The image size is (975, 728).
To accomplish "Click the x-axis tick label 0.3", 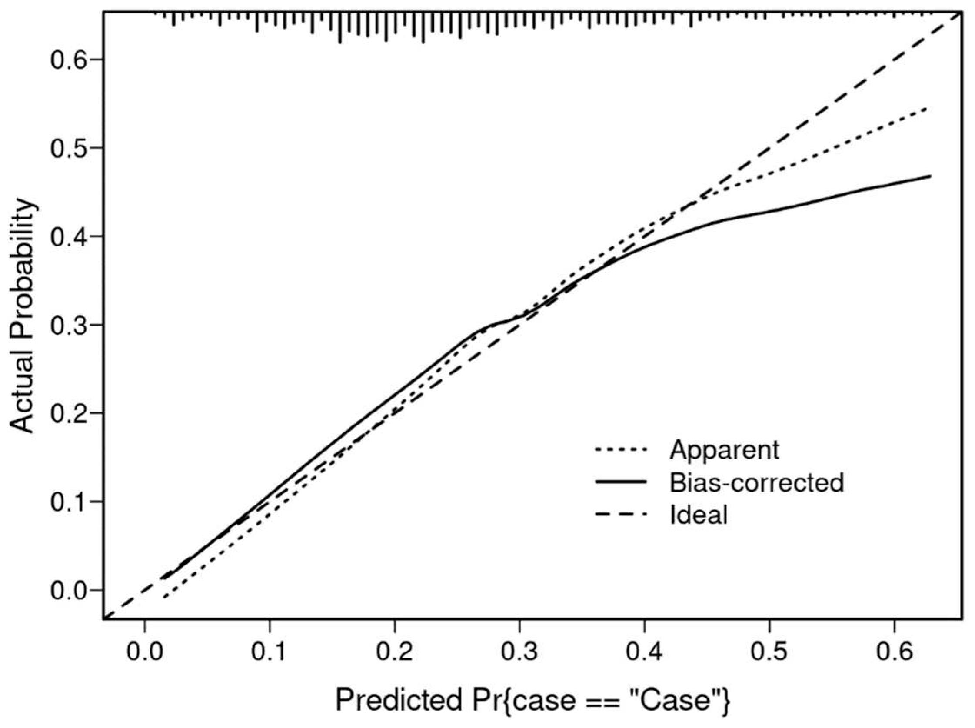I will pyautogui.click(x=519, y=652).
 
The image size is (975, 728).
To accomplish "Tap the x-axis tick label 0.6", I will pyautogui.click(x=894, y=652).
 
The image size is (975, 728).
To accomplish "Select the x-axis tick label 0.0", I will pyautogui.click(x=144, y=652).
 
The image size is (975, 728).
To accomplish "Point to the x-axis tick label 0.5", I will pyautogui.click(x=769, y=652).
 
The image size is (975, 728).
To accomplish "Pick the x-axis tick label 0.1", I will pyautogui.click(x=270, y=652).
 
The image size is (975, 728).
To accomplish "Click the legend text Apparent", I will pyautogui.click(x=724, y=450).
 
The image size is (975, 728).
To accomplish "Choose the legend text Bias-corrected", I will pyautogui.click(x=756, y=482).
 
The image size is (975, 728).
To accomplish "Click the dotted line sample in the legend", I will pyautogui.click(x=621, y=450).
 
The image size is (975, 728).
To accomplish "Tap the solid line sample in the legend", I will pyautogui.click(x=621, y=482).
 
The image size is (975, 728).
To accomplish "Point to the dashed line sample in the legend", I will pyautogui.click(x=621, y=514).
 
